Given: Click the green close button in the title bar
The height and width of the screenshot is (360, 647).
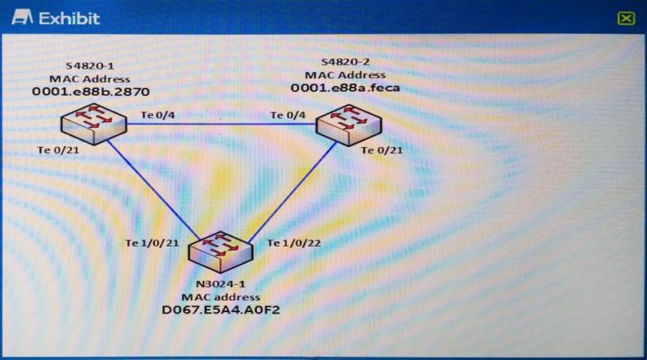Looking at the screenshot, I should click(625, 18).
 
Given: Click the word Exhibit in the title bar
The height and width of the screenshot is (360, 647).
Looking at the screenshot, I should click(70, 18).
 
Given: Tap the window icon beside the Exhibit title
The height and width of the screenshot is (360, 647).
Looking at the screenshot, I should click(22, 18).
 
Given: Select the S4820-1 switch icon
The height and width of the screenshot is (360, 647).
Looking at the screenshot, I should click(90, 125).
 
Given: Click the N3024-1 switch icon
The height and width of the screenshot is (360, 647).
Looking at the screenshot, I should click(221, 251).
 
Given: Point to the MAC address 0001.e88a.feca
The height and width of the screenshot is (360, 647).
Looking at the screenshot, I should click(345, 88).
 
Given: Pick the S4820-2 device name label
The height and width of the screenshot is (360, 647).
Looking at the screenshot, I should click(345, 63).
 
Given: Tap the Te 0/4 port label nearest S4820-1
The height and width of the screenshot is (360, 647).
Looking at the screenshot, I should click(157, 116).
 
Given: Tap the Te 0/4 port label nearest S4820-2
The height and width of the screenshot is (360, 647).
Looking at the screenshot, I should click(288, 116).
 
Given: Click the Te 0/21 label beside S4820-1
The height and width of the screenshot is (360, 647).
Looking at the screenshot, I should click(55, 150).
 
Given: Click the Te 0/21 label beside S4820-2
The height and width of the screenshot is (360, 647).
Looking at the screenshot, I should click(382, 149).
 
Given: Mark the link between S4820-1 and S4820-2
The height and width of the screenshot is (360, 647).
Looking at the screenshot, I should click(220, 125).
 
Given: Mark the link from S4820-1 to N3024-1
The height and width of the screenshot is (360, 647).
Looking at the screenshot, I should click(152, 190).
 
